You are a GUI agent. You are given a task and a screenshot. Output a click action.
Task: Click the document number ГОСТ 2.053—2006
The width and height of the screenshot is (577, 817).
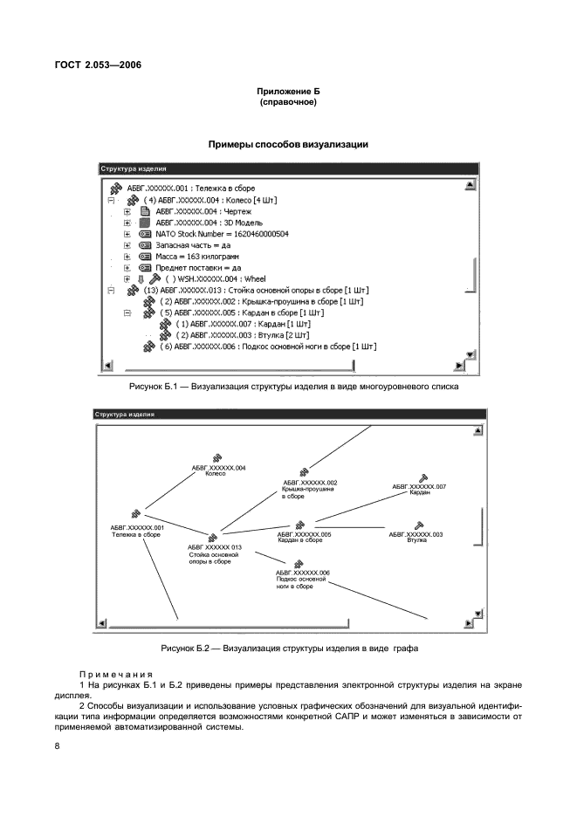(x=99, y=65)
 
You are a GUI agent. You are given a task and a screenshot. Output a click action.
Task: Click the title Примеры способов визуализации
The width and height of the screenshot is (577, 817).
(x=287, y=144)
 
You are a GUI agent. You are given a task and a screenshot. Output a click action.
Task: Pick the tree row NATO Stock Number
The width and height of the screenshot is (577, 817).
(x=223, y=234)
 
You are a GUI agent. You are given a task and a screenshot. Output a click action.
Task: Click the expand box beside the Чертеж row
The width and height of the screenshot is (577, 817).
(x=127, y=211)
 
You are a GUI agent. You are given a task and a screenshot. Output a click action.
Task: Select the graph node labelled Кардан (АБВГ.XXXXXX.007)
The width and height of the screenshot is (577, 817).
(x=419, y=489)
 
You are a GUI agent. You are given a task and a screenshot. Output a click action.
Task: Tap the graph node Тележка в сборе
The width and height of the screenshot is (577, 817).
(x=136, y=531)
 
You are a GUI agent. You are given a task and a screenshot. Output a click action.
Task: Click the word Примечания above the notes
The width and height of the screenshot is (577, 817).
(x=116, y=675)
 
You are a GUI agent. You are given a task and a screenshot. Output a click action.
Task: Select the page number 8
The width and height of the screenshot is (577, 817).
(x=57, y=745)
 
